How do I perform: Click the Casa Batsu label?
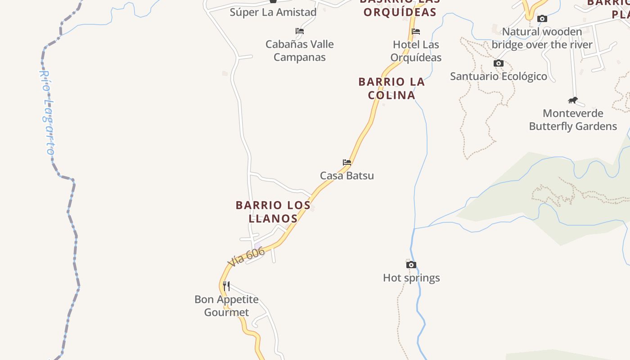(x=346, y=175)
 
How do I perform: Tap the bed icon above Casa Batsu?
(x=346, y=162)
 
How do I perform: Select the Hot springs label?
(x=411, y=278)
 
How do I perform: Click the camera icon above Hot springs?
(x=411, y=265)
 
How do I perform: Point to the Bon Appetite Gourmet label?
(x=226, y=306)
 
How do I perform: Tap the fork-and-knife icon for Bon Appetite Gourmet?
(x=226, y=286)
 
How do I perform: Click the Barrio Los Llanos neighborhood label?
(x=273, y=211)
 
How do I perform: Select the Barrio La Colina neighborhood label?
(x=391, y=88)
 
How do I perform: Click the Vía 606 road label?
(x=246, y=257)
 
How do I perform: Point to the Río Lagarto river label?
(x=47, y=112)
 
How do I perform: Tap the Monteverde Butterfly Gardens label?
(x=573, y=120)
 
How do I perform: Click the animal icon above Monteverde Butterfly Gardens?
(x=573, y=100)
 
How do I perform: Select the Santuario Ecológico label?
(x=499, y=76)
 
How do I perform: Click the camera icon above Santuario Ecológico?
(x=499, y=63)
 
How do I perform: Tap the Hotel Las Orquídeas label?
(x=416, y=51)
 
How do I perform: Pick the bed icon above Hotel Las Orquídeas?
(x=416, y=31)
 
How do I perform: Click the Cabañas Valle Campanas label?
(x=299, y=50)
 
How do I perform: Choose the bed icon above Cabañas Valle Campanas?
(x=300, y=31)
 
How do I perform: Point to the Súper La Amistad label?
(x=273, y=12)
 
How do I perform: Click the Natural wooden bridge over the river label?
(x=542, y=38)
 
